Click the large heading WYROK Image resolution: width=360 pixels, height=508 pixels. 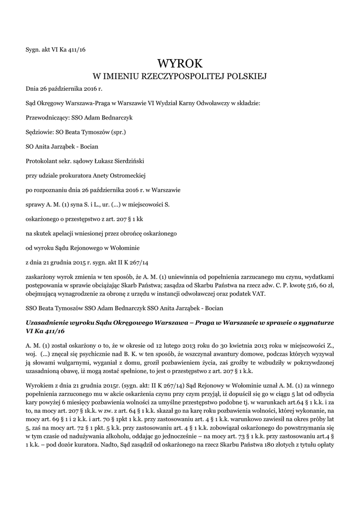pos(180,63)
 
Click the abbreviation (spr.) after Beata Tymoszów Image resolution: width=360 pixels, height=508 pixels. pos(117,132)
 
